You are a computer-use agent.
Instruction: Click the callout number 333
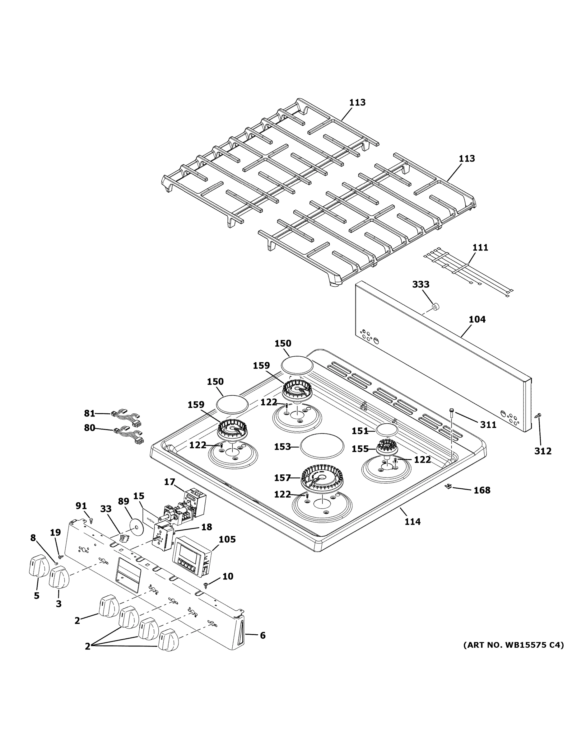421,284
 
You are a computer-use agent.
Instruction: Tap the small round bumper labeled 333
435,307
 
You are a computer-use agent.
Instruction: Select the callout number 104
477,319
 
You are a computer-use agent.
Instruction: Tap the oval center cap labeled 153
322,445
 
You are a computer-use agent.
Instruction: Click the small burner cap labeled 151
387,429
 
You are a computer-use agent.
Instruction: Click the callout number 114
412,522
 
